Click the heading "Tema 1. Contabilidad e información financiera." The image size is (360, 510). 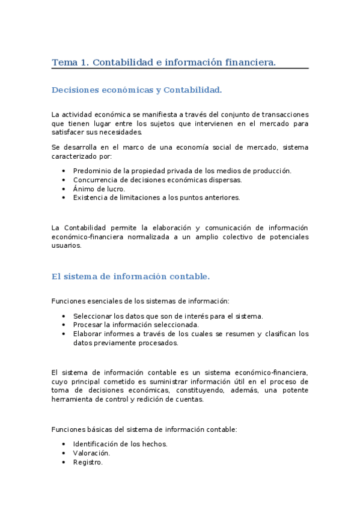tap(163, 62)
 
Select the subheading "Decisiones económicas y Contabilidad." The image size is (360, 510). tap(136, 90)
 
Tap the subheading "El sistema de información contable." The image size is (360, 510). tap(130, 277)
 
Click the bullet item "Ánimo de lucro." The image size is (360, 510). tap(99, 188)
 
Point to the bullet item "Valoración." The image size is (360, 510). tap(91, 453)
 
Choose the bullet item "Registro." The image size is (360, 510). tap(88, 462)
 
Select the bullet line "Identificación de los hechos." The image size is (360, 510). tap(120, 444)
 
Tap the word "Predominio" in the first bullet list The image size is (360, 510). tap(91, 171)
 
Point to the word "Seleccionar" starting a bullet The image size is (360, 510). tap(92, 316)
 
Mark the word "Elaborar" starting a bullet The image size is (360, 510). tap(88, 334)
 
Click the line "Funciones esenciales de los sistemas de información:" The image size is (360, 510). tap(141, 301)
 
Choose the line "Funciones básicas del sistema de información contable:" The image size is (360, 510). tap(144, 429)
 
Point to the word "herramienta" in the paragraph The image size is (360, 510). tap(73, 399)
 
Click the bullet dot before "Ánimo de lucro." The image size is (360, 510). tap(64, 188)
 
